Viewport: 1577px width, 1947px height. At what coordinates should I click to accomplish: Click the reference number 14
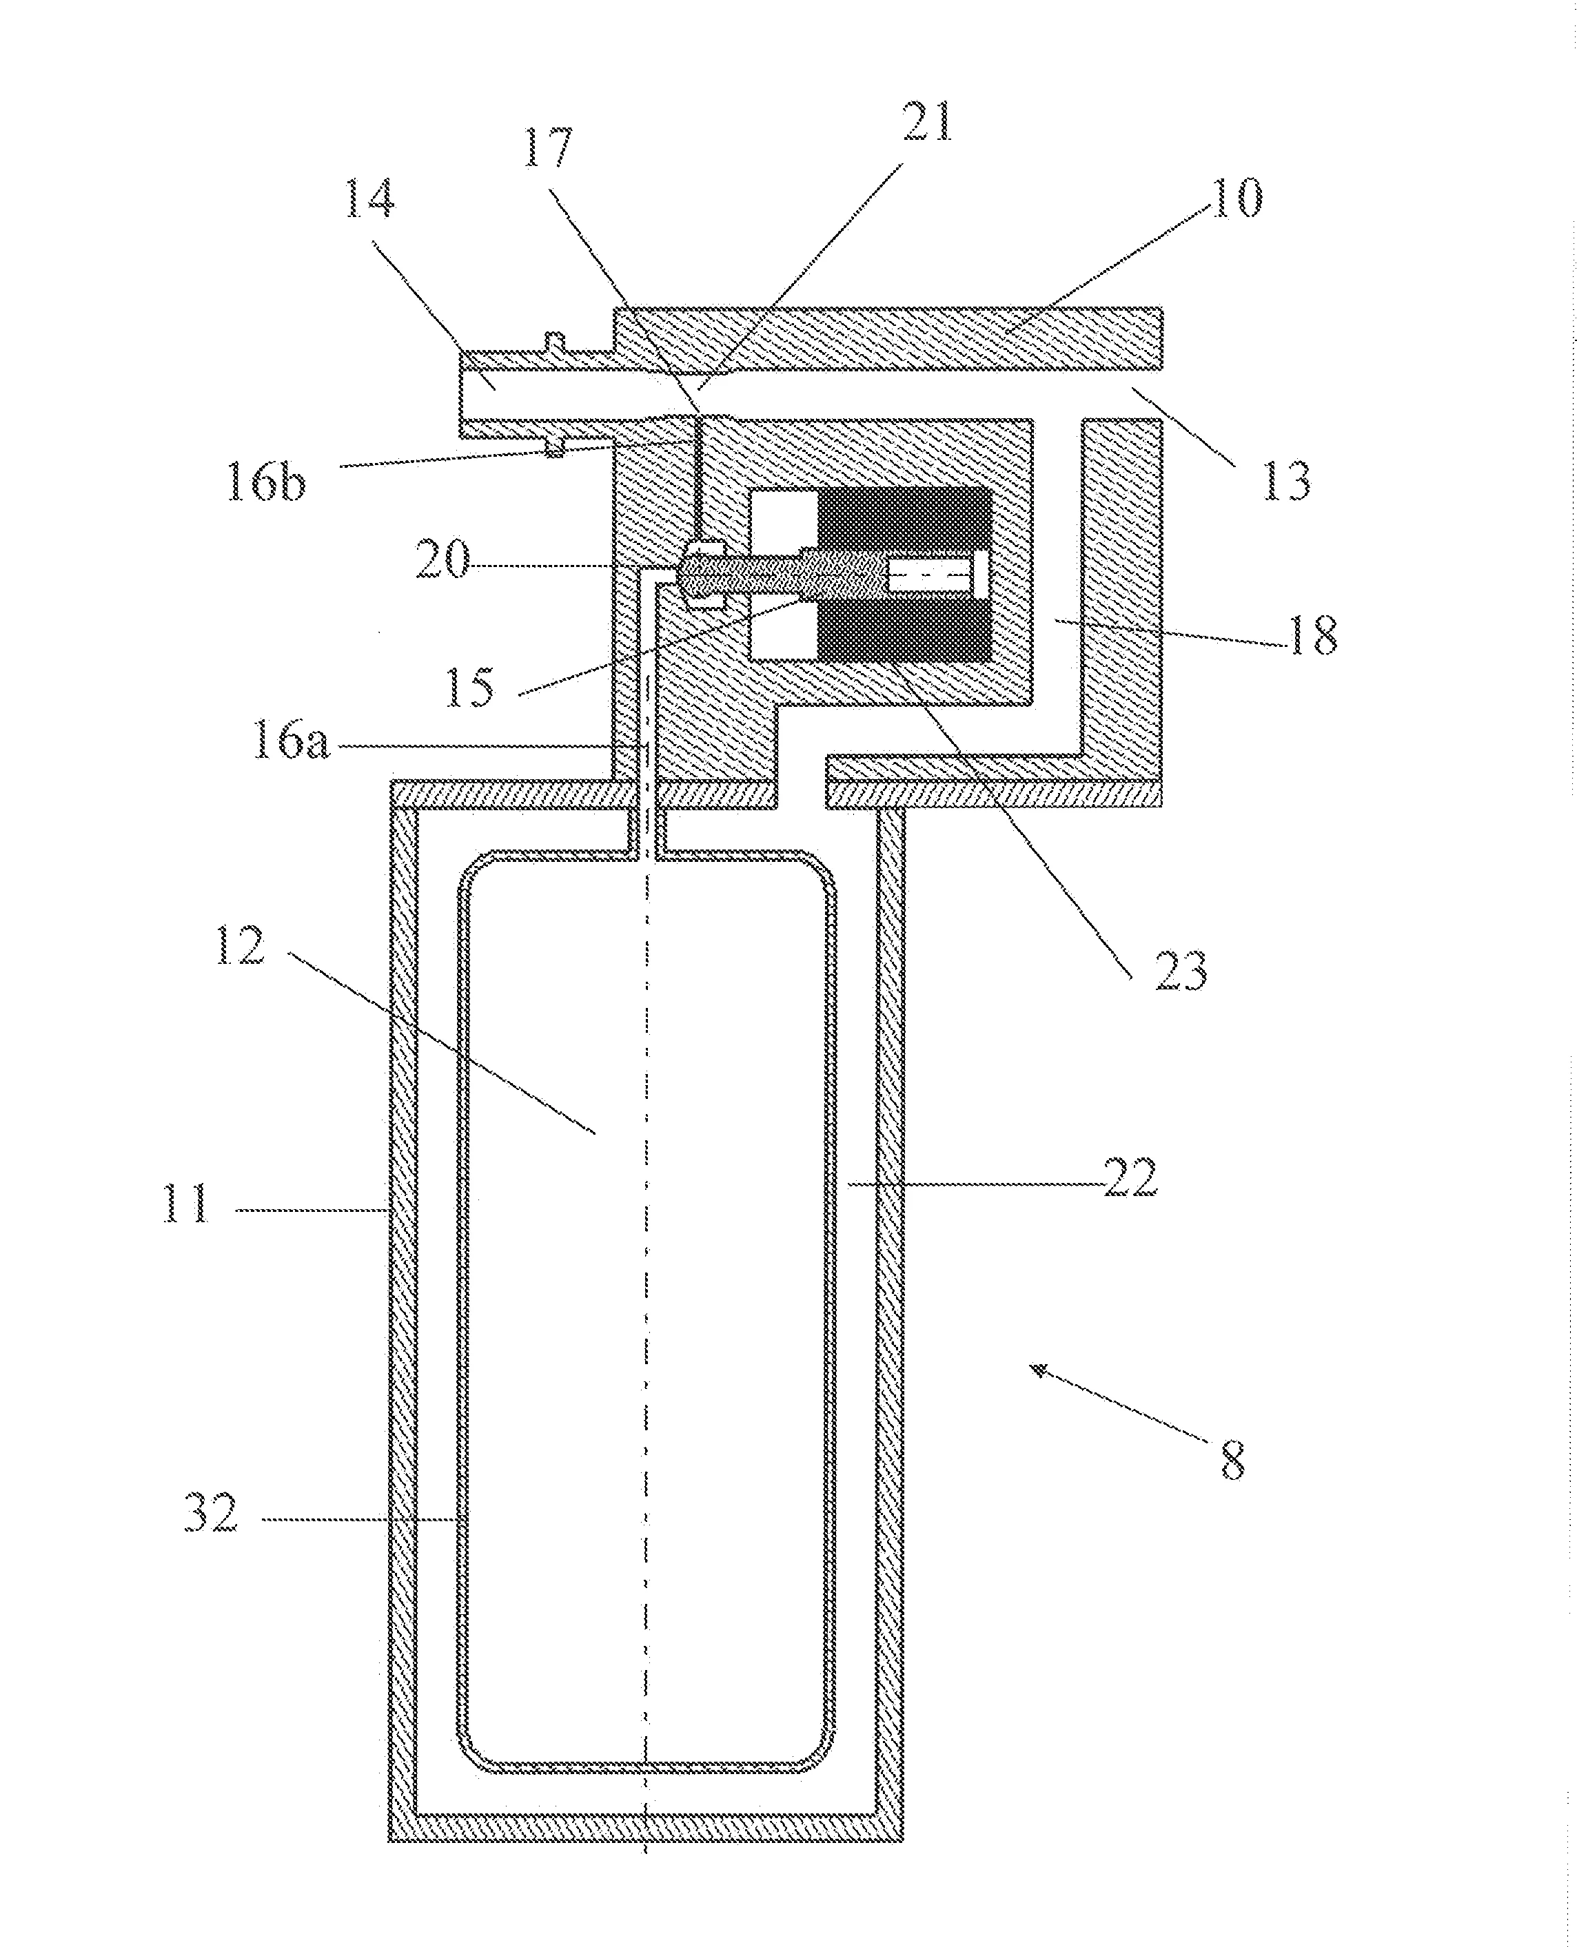point(369,200)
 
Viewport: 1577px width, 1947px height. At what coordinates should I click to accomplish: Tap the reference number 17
point(549,148)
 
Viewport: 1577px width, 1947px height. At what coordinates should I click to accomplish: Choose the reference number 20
point(443,559)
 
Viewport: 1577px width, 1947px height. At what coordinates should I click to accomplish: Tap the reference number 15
point(469,688)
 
